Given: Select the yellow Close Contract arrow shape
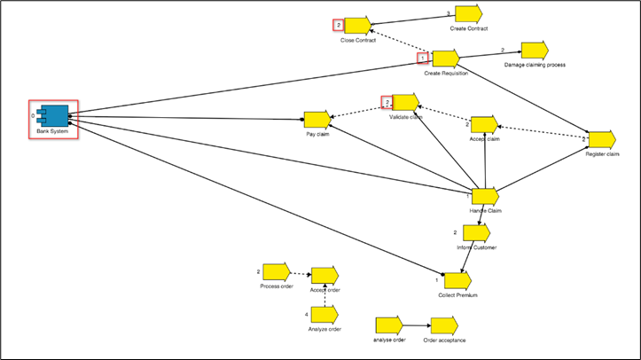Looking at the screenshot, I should pos(356,26).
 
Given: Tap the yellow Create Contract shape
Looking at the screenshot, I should pos(468,14).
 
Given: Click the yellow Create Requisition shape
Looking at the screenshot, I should pos(445,59).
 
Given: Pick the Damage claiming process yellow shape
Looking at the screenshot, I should pos(535,51).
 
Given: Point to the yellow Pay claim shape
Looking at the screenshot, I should pos(317,120).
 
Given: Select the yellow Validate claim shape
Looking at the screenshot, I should pos(404,102).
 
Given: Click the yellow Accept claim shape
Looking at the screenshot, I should pos(484,124).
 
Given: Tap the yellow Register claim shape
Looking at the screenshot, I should pos(601,140).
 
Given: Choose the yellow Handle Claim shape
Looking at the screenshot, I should pos(485,196).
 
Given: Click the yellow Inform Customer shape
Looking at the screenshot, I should pos(475,233).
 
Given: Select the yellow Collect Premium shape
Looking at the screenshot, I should pos(451,281).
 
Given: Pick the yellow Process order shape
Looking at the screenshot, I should pos(276,271).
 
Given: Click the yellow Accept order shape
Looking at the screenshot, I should pos(324,275).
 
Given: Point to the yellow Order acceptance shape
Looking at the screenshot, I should pos(444,325).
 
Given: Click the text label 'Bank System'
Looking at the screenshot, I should pos(52,131).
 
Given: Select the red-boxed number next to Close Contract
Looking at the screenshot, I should pos(338,25).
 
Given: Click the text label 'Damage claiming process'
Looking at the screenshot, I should pos(535,65).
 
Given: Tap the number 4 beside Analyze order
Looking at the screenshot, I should pos(306,315).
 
